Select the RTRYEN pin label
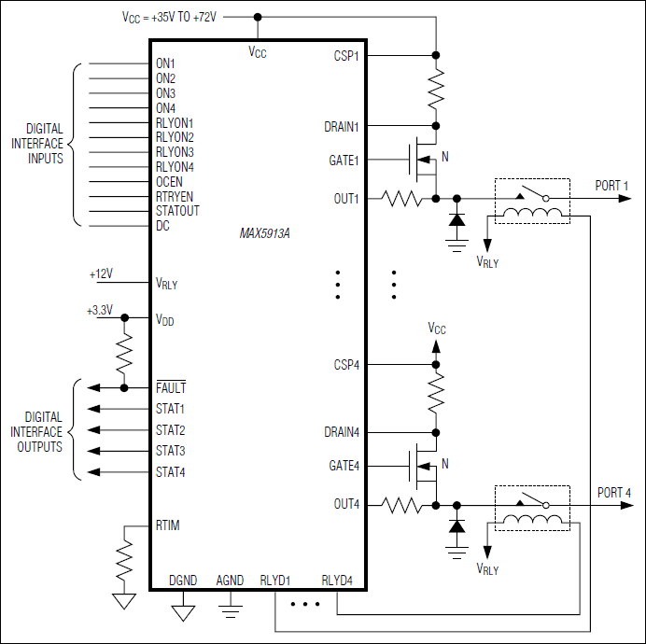pos(175,197)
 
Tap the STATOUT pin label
pos(177,211)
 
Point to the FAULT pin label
pos(171,387)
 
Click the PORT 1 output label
pos(613,185)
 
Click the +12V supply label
pos(101,274)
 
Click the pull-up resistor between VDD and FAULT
pos(124,353)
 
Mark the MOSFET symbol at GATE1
pos(422,161)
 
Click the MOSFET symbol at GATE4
pos(422,466)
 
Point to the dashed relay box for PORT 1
pos(531,201)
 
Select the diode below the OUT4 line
pos(456,526)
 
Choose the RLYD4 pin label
pos(337,580)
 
